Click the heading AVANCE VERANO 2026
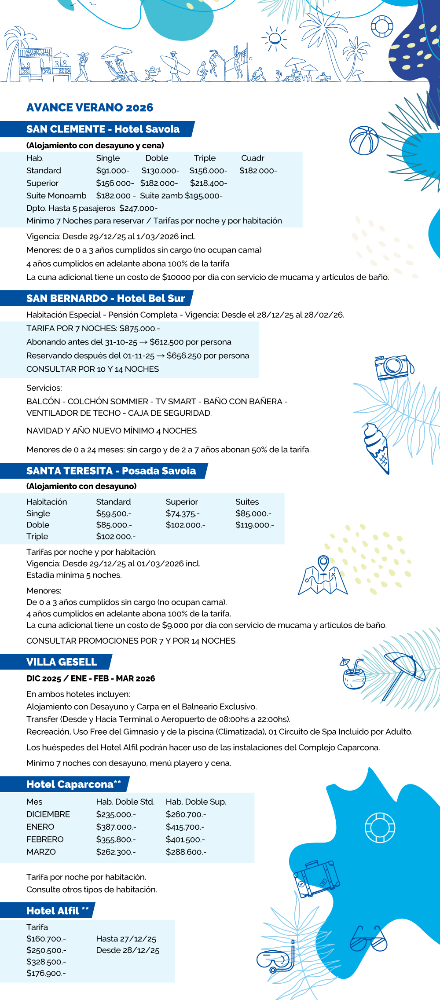coord(90,108)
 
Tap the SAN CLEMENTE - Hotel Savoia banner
coord(103,129)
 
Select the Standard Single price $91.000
coord(113,171)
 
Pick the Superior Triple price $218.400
coord(209,183)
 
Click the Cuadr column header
coord(253,158)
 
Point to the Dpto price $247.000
coord(138,209)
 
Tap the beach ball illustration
coord(364,141)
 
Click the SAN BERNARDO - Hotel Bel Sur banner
coord(106,299)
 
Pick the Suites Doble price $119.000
coord(254,525)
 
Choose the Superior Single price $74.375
coord(183,513)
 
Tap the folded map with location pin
coord(323,576)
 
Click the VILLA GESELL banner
coord(62,662)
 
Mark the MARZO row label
coord(41,852)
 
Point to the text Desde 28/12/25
coord(128,950)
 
